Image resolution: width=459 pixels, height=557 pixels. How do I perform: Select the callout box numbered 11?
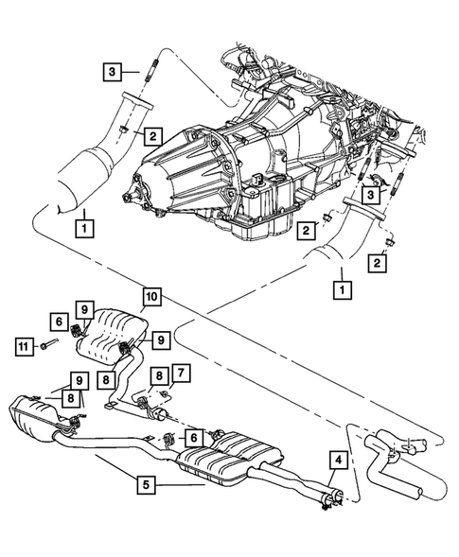pos(25,347)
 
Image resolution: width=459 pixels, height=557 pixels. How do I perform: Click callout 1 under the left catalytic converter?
pos(85,227)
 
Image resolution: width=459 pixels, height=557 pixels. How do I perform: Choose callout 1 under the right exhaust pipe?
pos(339,282)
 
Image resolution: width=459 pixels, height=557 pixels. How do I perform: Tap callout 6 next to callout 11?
pos(58,322)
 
